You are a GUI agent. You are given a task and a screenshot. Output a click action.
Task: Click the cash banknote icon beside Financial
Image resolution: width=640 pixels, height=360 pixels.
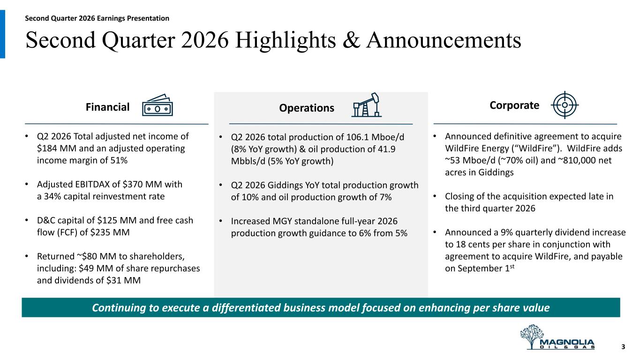(158, 105)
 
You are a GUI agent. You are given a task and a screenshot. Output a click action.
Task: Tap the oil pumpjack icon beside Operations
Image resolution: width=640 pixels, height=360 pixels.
(367, 105)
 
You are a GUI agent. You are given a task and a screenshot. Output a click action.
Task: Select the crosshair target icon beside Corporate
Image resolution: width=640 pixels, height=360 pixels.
(565, 105)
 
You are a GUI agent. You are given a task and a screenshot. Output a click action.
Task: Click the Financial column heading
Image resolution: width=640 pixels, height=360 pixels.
(107, 107)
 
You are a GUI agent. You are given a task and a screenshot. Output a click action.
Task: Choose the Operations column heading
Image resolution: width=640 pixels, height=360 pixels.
(307, 108)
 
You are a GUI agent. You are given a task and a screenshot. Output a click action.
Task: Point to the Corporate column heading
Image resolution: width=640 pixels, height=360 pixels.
(514, 105)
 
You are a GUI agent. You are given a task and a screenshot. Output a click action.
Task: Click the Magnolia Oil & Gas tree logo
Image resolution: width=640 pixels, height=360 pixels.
(557, 337)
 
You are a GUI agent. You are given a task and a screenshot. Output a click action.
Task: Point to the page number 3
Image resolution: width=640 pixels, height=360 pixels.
(623, 347)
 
